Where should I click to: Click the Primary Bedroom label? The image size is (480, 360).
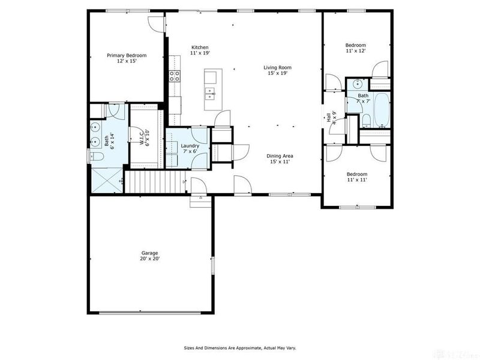(x=127, y=55)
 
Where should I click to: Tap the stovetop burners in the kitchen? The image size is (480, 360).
(x=175, y=76)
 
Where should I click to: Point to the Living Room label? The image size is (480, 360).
(x=277, y=67)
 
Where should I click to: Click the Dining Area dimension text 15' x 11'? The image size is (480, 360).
(x=280, y=162)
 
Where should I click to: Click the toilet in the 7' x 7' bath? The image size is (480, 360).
(x=365, y=122)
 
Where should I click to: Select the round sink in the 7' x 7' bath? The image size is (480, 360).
(x=356, y=84)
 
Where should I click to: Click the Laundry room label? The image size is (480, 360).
(x=190, y=146)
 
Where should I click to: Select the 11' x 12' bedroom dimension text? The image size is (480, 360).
(x=355, y=52)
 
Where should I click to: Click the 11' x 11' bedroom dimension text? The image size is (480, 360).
(x=356, y=179)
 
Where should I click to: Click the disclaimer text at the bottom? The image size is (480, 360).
(x=239, y=347)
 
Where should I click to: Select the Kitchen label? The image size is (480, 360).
(x=200, y=47)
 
